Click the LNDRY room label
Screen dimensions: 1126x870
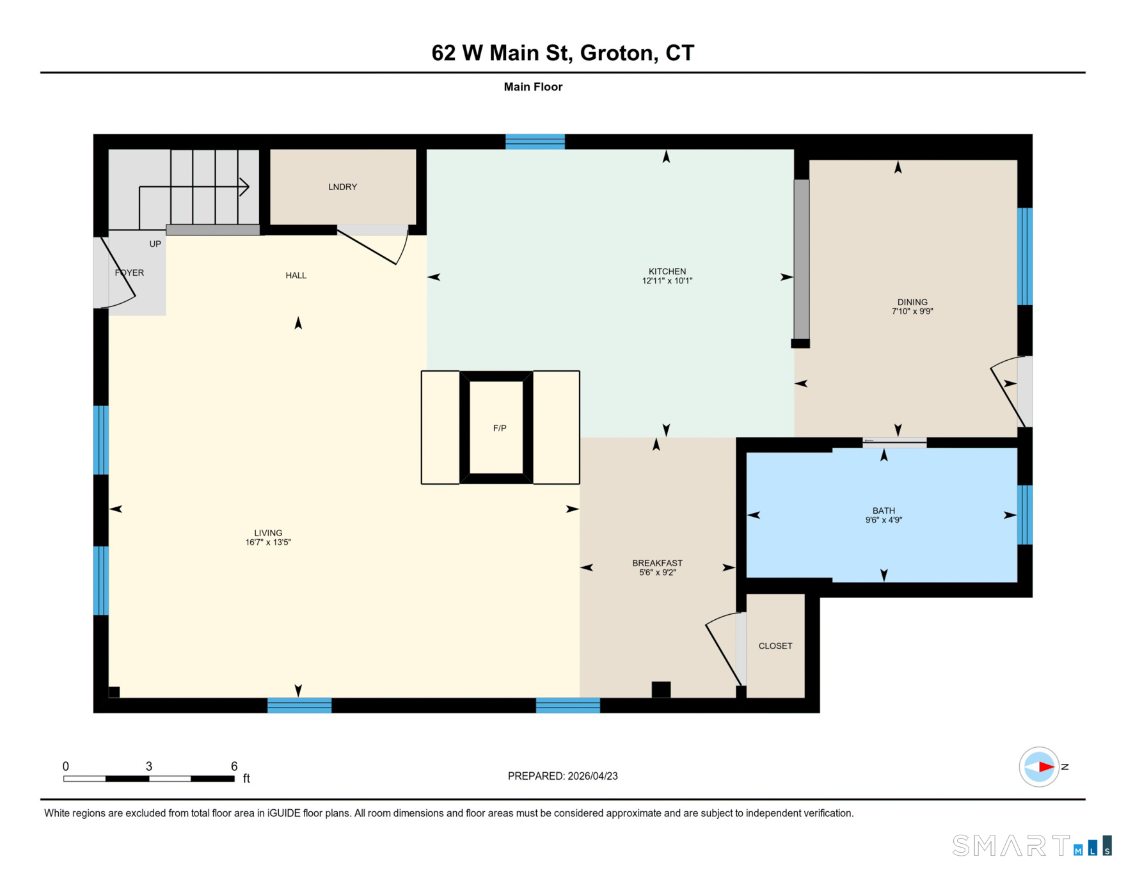[x=342, y=187]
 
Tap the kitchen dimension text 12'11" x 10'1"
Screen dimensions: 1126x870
[x=667, y=281]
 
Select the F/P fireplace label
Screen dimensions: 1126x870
[x=500, y=428]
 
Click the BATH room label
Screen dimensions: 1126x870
[x=884, y=510]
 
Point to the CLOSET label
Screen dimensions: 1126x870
[x=775, y=646]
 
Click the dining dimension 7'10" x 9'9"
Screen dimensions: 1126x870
[x=912, y=312]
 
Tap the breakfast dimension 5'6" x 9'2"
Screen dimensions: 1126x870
[x=657, y=573]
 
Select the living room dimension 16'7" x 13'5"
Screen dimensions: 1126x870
[x=268, y=542]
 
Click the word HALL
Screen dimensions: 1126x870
[x=296, y=276]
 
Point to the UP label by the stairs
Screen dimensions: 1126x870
[x=155, y=244]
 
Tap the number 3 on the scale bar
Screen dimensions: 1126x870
[x=149, y=766]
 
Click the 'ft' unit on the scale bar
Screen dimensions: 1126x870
[x=246, y=779]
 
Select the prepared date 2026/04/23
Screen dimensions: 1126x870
[x=592, y=776]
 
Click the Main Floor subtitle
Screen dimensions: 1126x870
[x=533, y=87]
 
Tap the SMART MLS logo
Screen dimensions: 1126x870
[x=1032, y=845]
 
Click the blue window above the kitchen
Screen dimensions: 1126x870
[x=535, y=141]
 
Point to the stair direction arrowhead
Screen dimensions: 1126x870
[x=244, y=187]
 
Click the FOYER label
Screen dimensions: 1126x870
[x=129, y=273]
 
